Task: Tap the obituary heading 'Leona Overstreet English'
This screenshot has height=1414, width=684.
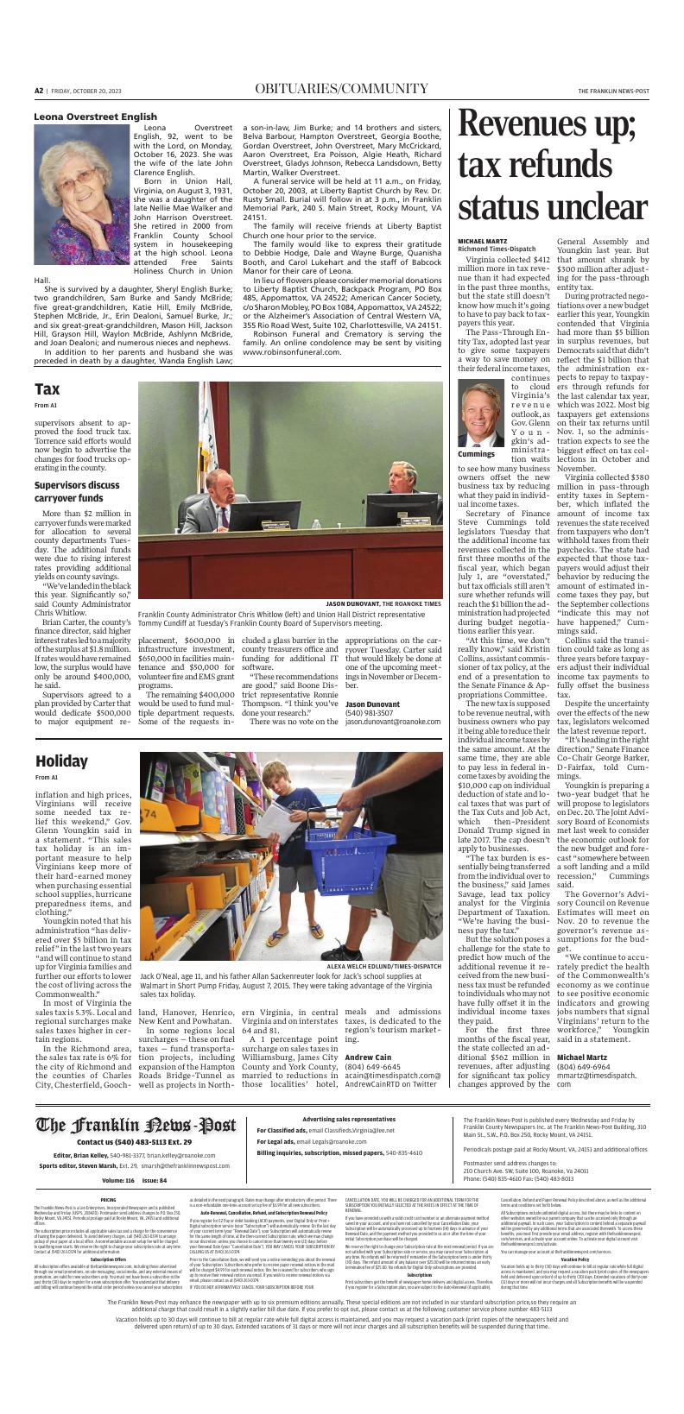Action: [95, 117]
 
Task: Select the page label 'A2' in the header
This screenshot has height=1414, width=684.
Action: [39, 91]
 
